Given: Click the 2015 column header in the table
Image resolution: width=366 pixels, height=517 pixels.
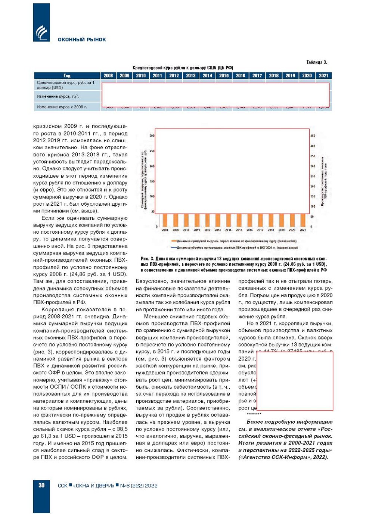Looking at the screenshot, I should click(224, 75).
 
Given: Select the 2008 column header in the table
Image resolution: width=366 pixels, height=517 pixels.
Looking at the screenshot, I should click(108, 75).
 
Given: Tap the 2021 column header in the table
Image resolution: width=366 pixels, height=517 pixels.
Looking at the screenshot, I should click(323, 75).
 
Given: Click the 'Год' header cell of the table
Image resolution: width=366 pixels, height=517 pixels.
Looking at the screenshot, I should click(67, 75).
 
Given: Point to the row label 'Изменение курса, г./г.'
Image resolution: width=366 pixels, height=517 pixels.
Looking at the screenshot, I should click(58, 96).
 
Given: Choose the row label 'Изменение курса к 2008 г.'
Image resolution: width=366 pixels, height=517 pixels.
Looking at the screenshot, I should click(62, 107).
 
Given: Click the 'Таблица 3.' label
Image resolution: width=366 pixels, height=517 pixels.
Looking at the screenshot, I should click(317, 62).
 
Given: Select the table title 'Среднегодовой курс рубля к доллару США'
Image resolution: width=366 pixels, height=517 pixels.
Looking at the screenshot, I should click(183, 68).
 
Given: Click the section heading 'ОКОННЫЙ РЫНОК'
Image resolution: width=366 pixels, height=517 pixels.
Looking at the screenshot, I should click(82, 40).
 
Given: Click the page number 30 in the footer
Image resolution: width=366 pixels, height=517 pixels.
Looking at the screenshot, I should click(41, 485).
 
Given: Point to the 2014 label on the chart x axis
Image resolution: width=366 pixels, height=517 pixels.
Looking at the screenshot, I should click(228, 230).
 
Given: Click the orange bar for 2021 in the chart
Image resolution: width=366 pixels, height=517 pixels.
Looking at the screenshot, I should click(303, 220).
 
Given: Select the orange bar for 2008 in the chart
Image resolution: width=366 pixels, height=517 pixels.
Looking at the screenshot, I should click(165, 220).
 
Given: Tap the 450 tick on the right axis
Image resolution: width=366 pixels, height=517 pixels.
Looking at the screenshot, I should click(313, 136).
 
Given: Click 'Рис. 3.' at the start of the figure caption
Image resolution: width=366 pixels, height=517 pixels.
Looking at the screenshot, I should click(147, 259).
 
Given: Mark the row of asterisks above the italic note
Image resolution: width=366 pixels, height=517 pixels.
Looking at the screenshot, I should click(254, 414).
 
